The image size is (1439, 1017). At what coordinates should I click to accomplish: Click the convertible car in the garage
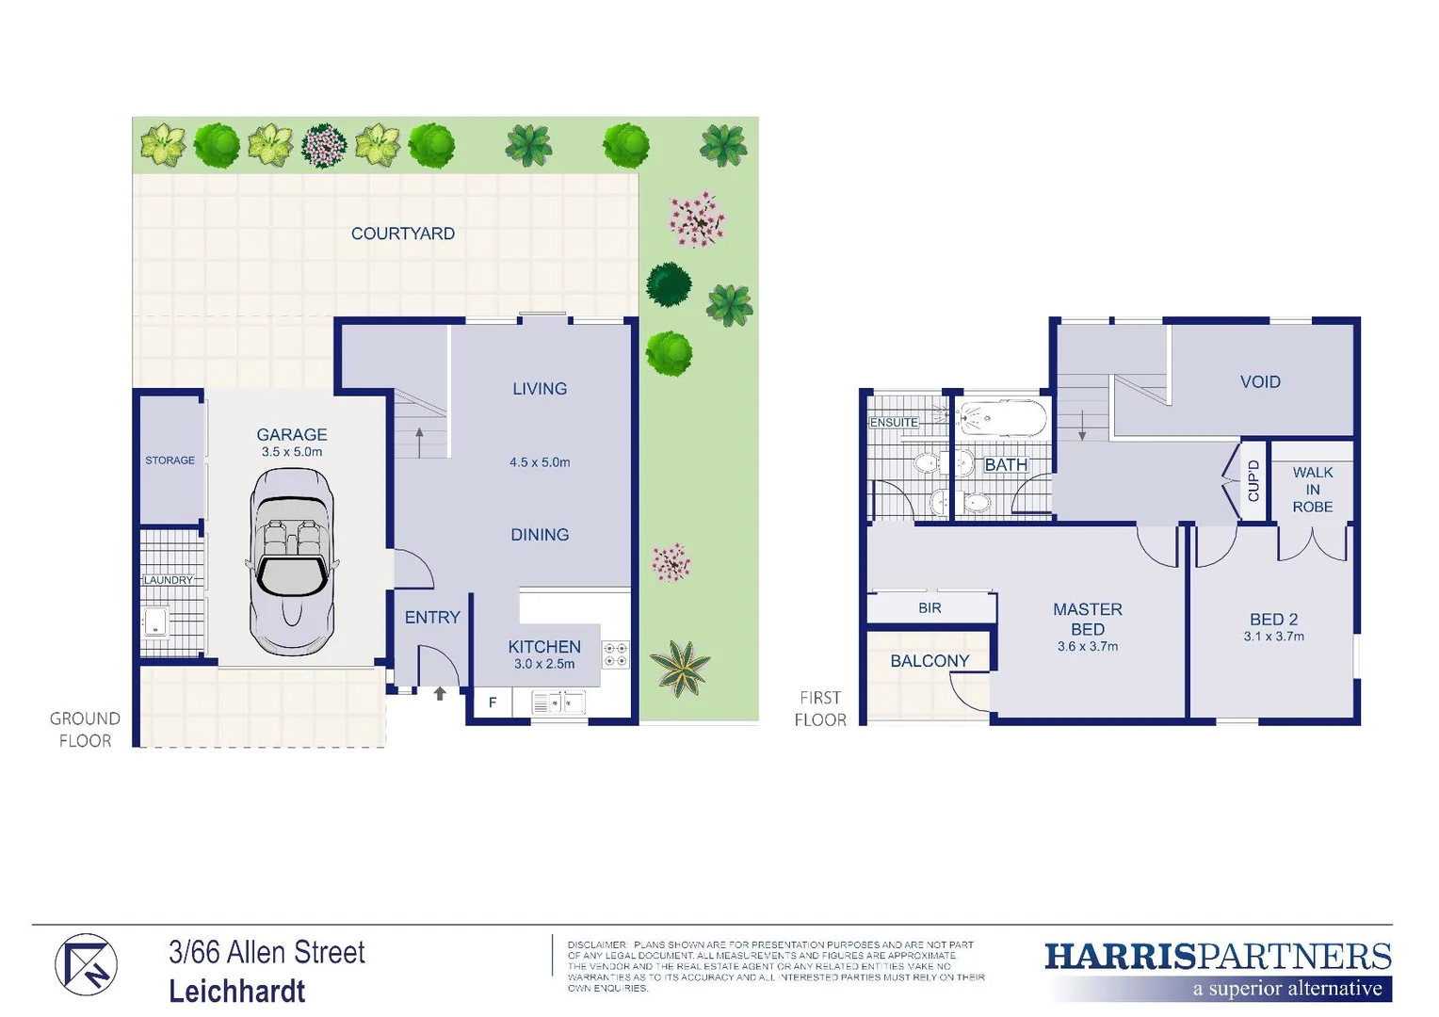point(292,562)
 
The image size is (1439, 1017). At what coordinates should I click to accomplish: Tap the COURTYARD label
point(402,234)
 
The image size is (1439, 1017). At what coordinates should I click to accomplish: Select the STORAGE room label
point(170,460)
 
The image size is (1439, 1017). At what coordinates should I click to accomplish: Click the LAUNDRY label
point(168,580)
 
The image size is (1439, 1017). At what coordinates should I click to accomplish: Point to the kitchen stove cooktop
point(615,654)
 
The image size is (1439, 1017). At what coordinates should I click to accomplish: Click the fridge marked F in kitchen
point(492,702)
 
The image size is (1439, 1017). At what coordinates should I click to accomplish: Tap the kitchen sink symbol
point(558,702)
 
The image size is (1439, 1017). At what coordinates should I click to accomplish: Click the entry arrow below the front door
point(440,694)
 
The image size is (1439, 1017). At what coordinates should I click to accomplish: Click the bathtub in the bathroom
point(1002,418)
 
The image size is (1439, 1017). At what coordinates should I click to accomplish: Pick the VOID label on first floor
point(1260,381)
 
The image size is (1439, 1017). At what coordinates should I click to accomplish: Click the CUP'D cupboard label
point(1253,480)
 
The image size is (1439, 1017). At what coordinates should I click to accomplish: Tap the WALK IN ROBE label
point(1312,490)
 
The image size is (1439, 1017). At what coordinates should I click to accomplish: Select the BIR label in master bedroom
point(930,608)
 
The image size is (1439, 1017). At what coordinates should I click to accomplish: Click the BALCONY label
point(929,661)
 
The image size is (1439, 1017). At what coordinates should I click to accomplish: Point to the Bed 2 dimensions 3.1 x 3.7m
point(1273,637)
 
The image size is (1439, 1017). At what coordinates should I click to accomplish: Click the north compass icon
point(86,965)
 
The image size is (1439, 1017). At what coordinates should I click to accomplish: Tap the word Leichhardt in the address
point(237,991)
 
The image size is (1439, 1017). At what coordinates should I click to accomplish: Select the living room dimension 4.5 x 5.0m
point(540,462)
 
